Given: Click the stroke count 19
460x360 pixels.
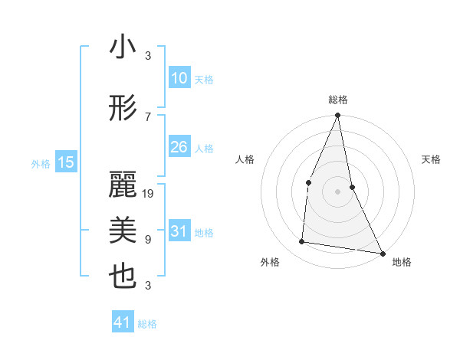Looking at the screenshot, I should point(149,194).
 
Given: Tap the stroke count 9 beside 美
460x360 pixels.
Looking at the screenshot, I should point(148,240).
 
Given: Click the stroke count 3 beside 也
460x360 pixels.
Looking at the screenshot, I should point(148,286).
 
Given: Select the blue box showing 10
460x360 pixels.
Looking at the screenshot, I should point(179,77).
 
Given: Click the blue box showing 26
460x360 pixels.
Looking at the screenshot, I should point(179,147).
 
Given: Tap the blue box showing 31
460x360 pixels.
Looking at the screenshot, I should point(179,231).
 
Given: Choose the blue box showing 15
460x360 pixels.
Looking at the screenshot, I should point(66,162).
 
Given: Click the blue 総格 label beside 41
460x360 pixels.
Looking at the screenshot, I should point(148,324).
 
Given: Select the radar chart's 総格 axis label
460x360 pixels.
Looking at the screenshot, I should point(337,100).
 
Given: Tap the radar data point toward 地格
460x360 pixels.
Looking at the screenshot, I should point(382,253).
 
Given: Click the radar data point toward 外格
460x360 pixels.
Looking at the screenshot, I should point(302,242).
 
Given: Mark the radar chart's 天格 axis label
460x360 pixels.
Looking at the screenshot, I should point(432,159).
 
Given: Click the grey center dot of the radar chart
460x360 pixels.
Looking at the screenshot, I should point(337,191).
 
